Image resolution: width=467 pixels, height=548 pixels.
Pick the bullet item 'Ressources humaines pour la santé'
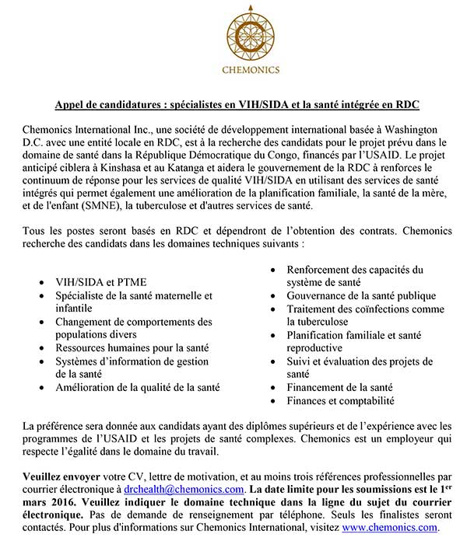click(132, 347)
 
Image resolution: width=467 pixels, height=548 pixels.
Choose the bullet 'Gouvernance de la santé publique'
click(360, 295)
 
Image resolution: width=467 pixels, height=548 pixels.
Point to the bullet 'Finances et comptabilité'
click(340, 401)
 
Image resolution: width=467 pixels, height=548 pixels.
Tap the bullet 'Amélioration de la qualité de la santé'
click(137, 387)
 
